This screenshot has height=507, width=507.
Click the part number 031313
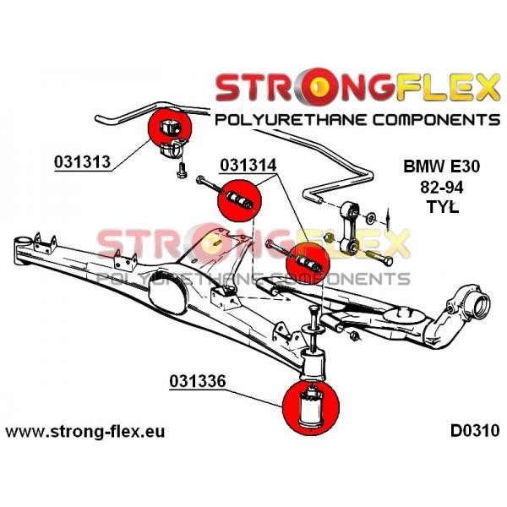83,161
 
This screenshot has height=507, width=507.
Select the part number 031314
248,166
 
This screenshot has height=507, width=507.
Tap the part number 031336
197,381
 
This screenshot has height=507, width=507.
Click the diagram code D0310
475,431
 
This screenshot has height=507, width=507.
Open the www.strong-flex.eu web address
85,432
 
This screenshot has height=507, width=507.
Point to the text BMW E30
442,166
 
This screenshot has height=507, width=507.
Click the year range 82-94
442,188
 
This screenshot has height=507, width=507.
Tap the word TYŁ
443,207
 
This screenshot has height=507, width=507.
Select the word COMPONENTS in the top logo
436,120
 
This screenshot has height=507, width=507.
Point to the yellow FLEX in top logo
448,87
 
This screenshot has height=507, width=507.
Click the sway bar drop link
350,226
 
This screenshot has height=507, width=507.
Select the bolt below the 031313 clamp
182,170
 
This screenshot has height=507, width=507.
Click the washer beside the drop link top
370,218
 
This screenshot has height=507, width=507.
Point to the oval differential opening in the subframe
166,293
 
